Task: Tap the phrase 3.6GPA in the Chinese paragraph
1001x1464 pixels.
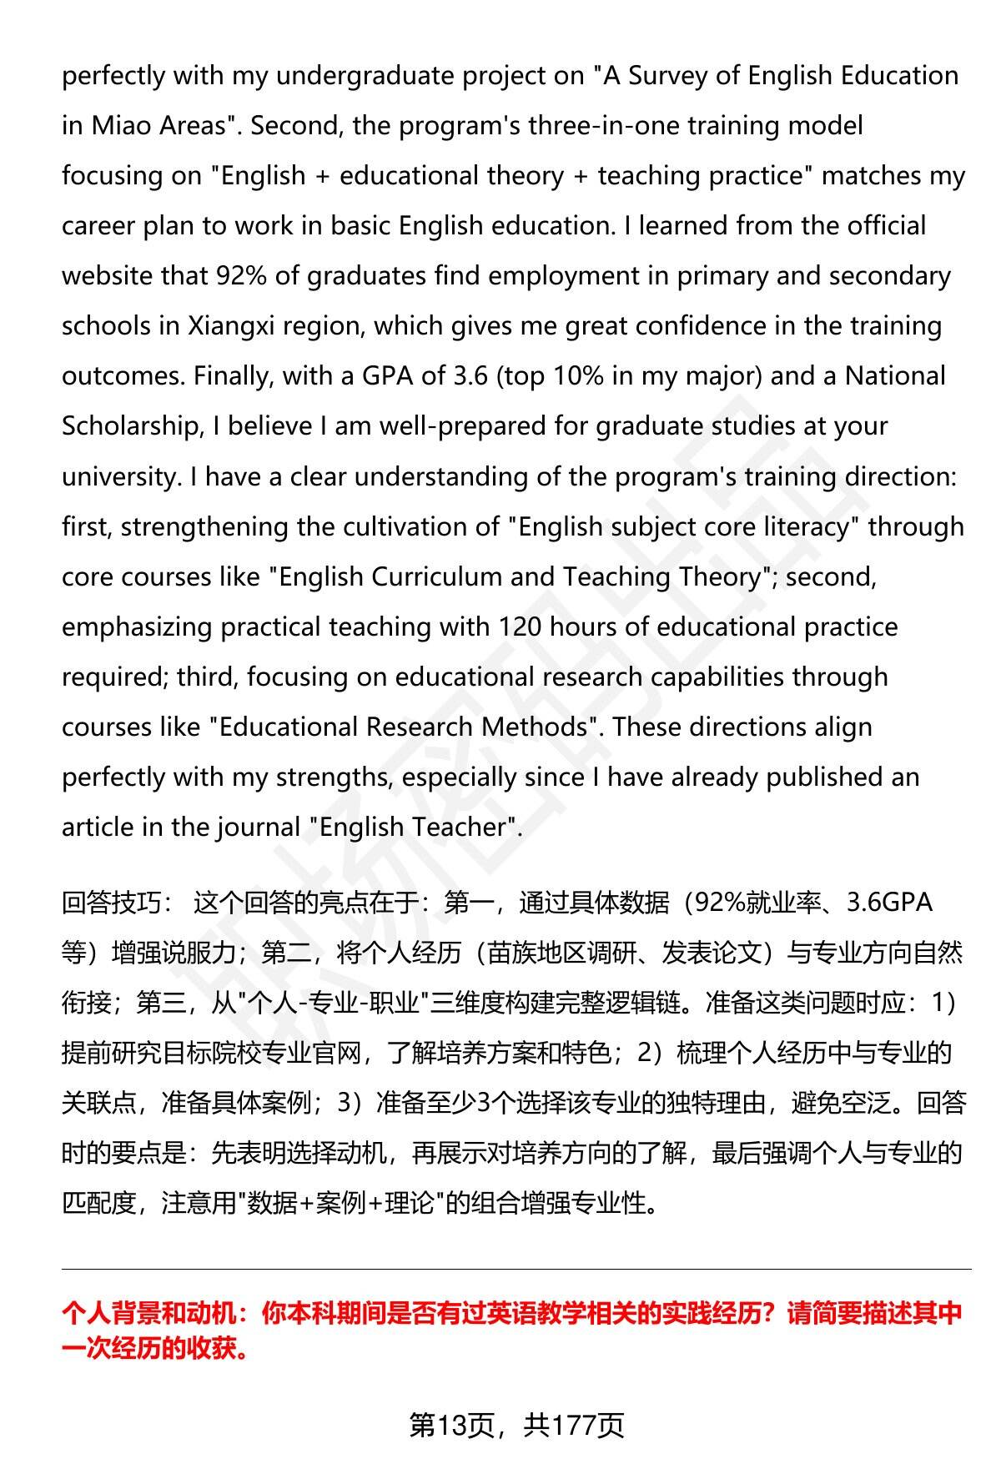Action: (x=889, y=903)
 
